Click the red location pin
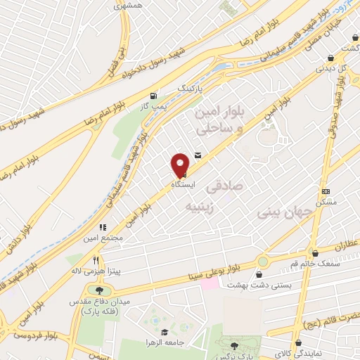coord(180,165)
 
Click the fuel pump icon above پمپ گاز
coord(154,95)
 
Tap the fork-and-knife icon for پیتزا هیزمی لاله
coord(94,259)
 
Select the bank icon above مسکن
coord(326,191)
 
